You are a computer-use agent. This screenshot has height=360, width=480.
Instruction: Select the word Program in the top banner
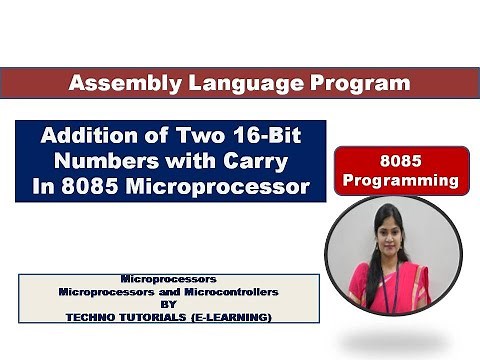[x=345, y=83]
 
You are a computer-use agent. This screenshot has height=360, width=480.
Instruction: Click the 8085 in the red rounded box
[x=402, y=161]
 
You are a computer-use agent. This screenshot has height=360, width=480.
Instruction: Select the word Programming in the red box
[x=402, y=181]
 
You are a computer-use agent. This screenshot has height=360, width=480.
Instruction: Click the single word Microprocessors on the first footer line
[x=168, y=280]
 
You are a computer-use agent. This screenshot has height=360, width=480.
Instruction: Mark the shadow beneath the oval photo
[x=394, y=343]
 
